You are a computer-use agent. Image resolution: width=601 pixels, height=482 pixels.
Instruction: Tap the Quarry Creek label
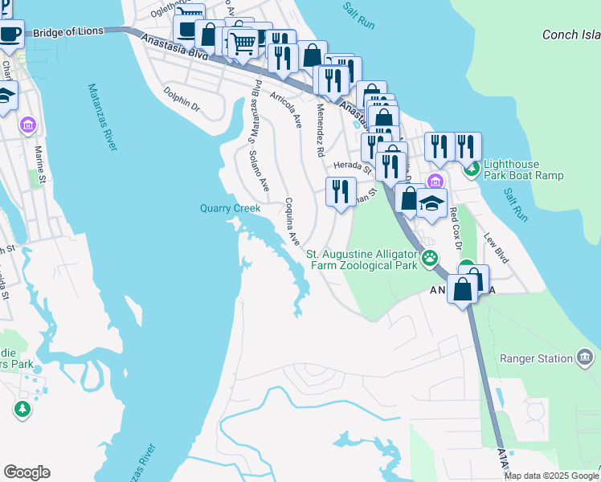tap(230, 209)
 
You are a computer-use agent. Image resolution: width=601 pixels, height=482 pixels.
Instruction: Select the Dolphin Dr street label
tap(181, 100)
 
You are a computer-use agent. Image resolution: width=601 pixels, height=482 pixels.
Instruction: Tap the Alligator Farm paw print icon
tap(431, 259)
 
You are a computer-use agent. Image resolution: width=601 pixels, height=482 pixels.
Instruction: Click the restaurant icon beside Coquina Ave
tap(341, 192)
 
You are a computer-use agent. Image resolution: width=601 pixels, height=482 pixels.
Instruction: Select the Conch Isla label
tap(570, 35)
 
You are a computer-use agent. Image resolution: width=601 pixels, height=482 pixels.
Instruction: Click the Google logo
tap(27, 472)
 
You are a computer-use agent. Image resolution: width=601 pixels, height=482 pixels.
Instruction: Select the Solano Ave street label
tap(259, 171)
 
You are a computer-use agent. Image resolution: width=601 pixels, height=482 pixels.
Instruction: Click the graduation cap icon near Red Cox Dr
tap(431, 204)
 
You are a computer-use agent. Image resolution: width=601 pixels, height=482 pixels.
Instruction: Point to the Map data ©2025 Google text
tap(551, 476)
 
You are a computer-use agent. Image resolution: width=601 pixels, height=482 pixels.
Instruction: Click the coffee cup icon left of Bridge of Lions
tap(10, 35)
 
